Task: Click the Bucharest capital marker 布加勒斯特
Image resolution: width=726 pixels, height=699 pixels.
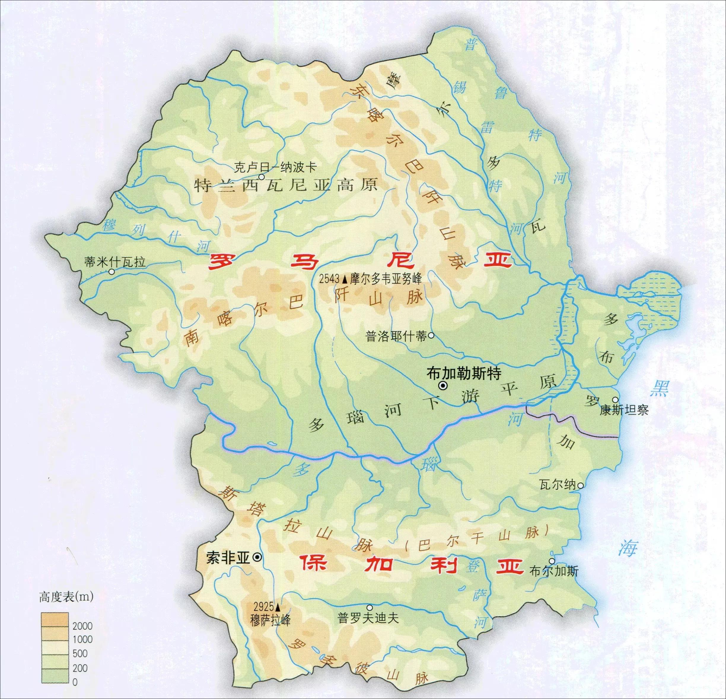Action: coord(442,386)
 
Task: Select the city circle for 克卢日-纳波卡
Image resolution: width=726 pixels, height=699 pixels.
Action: coord(262,177)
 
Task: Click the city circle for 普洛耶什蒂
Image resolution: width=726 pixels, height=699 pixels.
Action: coord(431,336)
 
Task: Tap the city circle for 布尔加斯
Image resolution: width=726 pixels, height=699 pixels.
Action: coord(552,561)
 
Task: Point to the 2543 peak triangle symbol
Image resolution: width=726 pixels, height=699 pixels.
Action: coord(345,278)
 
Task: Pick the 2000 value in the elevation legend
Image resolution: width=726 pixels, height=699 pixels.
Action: coord(82,626)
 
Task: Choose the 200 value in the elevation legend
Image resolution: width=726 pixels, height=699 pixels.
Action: coord(80,668)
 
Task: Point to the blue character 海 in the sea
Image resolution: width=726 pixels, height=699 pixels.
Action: coord(628,547)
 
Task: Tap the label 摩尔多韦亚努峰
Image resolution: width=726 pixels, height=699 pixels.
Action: coord(386,279)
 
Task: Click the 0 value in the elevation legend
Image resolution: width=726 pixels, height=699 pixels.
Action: coord(75,682)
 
